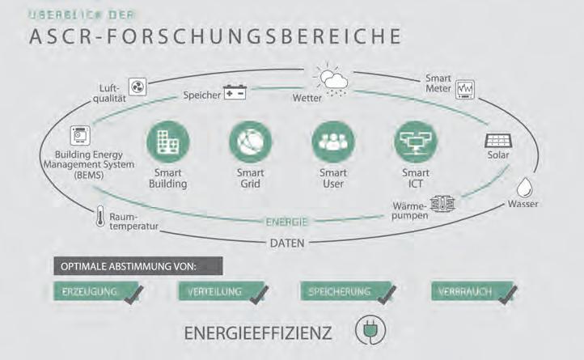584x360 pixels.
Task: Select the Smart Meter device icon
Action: [x=467, y=89]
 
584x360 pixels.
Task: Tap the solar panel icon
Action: [x=497, y=141]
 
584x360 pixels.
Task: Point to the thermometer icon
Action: [x=99, y=216]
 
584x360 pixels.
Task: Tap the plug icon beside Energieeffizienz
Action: [x=370, y=330]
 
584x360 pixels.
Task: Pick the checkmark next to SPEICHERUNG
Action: [x=385, y=294]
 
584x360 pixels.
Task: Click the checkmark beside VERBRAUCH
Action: [x=507, y=294]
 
